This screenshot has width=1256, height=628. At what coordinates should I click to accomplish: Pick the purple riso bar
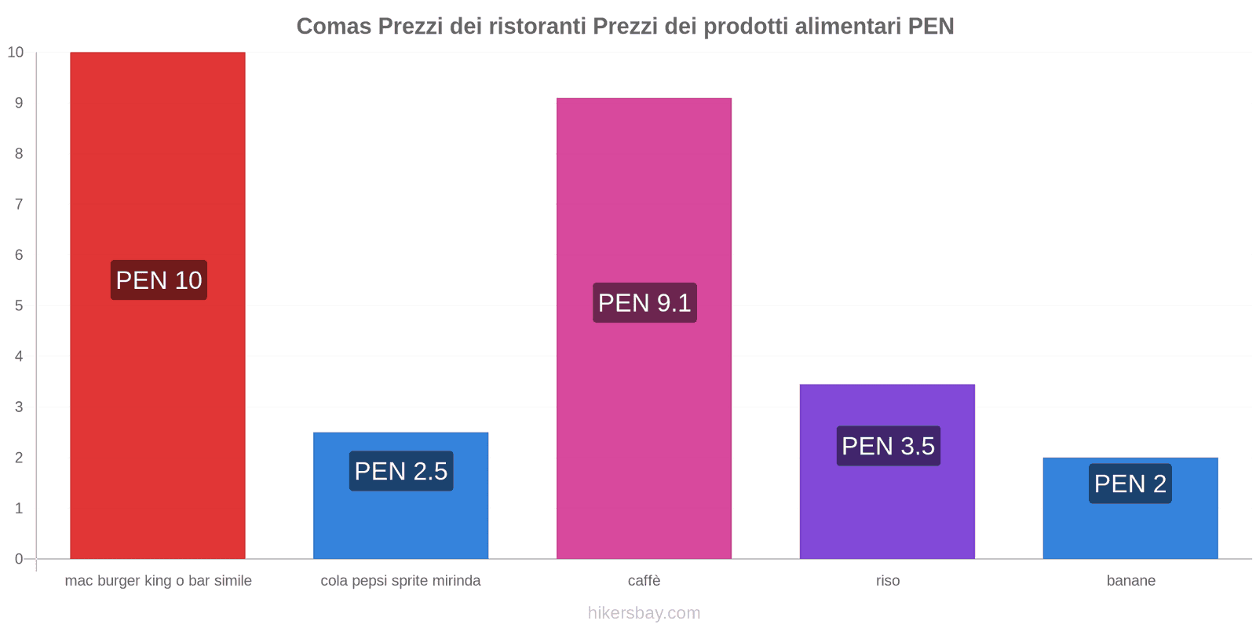pos(887,510)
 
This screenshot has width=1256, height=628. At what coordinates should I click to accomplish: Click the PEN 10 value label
pos(159,280)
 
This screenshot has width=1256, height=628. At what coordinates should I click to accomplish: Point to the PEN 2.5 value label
pos(401,471)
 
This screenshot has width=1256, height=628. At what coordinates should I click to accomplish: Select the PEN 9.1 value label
pos(644,303)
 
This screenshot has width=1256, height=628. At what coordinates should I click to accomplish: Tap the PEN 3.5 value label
pos(888,446)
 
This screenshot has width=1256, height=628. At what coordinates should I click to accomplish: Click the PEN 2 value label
pos(1130,484)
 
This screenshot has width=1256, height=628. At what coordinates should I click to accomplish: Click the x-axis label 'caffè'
pos(644,581)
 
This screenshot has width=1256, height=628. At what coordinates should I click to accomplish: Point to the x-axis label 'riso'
pos(888,581)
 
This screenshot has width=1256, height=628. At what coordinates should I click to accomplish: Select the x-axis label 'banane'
pos(1130,581)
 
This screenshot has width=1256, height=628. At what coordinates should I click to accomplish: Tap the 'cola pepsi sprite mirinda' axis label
pos(400,581)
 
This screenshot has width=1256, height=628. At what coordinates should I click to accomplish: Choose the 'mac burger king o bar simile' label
pos(158,581)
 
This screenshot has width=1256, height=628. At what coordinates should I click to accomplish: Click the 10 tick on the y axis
pos(16,53)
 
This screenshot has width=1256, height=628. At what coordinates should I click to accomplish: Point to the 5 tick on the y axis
pos(19,305)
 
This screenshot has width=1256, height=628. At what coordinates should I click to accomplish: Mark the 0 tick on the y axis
pos(19,559)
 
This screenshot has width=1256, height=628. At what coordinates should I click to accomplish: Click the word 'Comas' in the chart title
pos(334,27)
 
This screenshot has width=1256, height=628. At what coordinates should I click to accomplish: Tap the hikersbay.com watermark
pos(644,613)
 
